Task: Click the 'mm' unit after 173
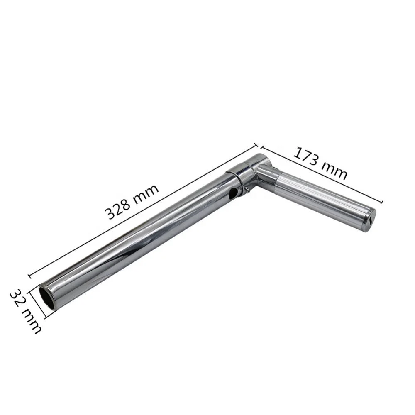point(334,171)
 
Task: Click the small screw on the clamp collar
point(247,188)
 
